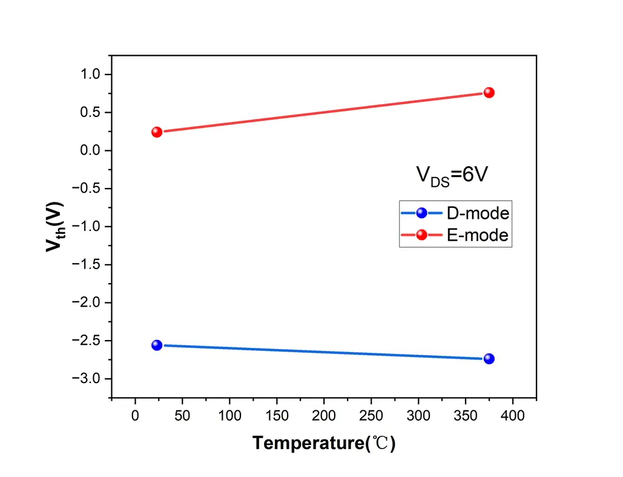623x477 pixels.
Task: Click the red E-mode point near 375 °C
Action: (x=489, y=93)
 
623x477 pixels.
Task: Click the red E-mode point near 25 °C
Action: (x=157, y=132)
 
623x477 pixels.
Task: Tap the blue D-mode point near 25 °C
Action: (x=157, y=345)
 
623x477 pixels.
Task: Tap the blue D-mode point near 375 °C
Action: (x=489, y=359)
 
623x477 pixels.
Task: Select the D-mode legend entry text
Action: (x=478, y=213)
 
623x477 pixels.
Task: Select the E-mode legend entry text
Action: (x=478, y=236)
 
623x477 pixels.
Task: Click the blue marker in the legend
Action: (x=421, y=213)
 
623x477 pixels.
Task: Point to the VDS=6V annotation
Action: (x=452, y=175)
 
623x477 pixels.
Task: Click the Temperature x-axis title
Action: (x=324, y=443)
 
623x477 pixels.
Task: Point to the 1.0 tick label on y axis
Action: (x=92, y=75)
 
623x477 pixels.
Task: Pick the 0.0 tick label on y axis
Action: (x=92, y=150)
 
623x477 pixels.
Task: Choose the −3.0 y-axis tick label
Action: (x=88, y=379)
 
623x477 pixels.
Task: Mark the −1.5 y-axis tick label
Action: (x=88, y=265)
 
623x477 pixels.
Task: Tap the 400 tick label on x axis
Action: (x=513, y=416)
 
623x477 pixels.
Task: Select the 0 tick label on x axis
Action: (x=135, y=416)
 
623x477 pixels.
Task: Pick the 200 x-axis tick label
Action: (x=324, y=416)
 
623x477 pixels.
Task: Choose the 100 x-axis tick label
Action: (x=229, y=416)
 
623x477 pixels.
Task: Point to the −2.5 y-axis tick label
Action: (x=88, y=341)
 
